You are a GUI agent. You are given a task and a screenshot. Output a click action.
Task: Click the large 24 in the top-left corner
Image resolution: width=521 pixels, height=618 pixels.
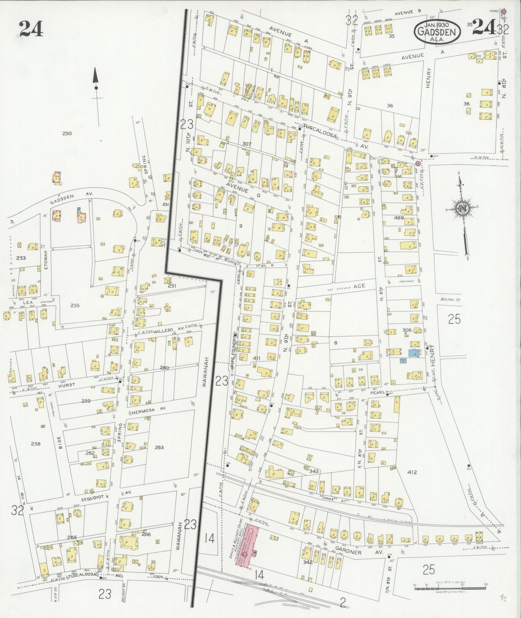tap(31, 28)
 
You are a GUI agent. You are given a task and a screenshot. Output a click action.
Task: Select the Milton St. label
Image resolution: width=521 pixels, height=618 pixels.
tap(450, 300)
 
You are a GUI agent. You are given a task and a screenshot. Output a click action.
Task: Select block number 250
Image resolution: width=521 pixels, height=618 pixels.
tap(67, 133)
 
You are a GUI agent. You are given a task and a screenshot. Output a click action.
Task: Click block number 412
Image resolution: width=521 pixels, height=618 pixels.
tap(412, 472)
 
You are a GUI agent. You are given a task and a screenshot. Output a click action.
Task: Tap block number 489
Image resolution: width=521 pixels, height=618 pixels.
tap(399, 218)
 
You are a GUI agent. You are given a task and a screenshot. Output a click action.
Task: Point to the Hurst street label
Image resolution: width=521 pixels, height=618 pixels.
tap(67, 385)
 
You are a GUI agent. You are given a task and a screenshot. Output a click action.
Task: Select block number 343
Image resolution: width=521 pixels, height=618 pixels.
tap(313, 471)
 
